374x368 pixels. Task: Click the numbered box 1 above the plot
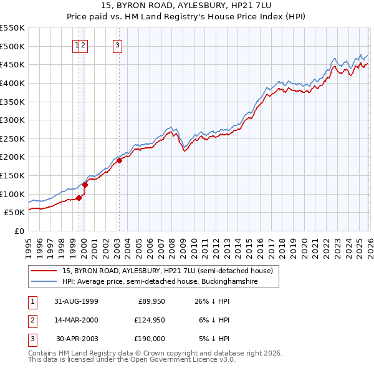pyautogui.click(x=77, y=44)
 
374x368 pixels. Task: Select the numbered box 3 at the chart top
pyautogui.click(x=118, y=44)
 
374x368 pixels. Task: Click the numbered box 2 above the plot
pyautogui.click(x=84, y=44)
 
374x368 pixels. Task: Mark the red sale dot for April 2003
pyautogui.click(x=119, y=161)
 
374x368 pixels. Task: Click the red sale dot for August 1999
pyautogui.click(x=79, y=198)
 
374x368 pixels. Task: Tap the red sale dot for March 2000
pyautogui.click(x=85, y=185)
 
